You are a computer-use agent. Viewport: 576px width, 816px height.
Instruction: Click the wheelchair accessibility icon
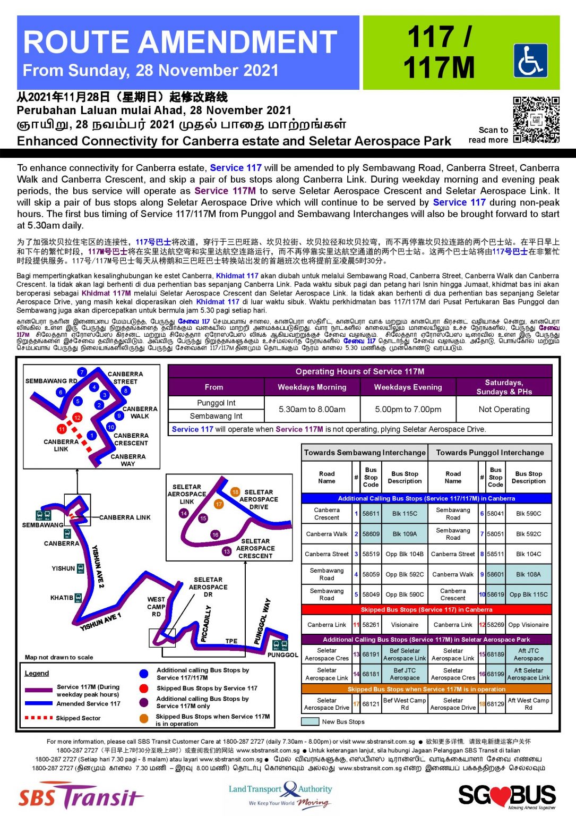click(x=530, y=61)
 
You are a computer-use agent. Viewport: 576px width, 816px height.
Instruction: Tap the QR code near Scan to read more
click(x=536, y=120)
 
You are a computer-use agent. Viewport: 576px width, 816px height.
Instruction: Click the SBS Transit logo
click(x=80, y=796)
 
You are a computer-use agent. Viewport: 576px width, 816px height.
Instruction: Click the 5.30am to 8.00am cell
click(x=312, y=410)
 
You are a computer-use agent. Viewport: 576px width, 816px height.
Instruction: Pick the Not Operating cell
click(x=504, y=410)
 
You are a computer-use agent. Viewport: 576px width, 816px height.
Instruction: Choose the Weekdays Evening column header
click(x=408, y=387)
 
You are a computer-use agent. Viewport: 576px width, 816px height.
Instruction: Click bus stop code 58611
click(x=371, y=514)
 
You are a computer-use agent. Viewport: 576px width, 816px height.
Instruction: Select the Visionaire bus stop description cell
click(x=405, y=625)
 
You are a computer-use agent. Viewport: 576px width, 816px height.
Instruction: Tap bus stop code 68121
click(x=371, y=704)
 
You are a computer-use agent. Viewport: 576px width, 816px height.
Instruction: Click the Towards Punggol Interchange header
click(x=489, y=453)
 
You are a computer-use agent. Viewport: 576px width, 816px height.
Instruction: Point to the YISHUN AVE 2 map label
click(x=98, y=566)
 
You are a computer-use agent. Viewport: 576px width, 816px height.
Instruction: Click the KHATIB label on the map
click(x=62, y=598)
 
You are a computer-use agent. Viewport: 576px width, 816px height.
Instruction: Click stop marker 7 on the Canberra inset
click(x=82, y=372)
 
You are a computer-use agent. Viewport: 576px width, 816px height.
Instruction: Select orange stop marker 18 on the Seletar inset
click(x=235, y=492)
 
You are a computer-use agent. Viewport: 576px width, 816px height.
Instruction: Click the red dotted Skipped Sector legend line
click(x=38, y=718)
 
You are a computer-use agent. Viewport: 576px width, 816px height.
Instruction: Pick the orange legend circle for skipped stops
click(x=143, y=719)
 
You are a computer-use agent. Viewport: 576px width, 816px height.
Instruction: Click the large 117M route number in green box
click(x=439, y=68)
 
